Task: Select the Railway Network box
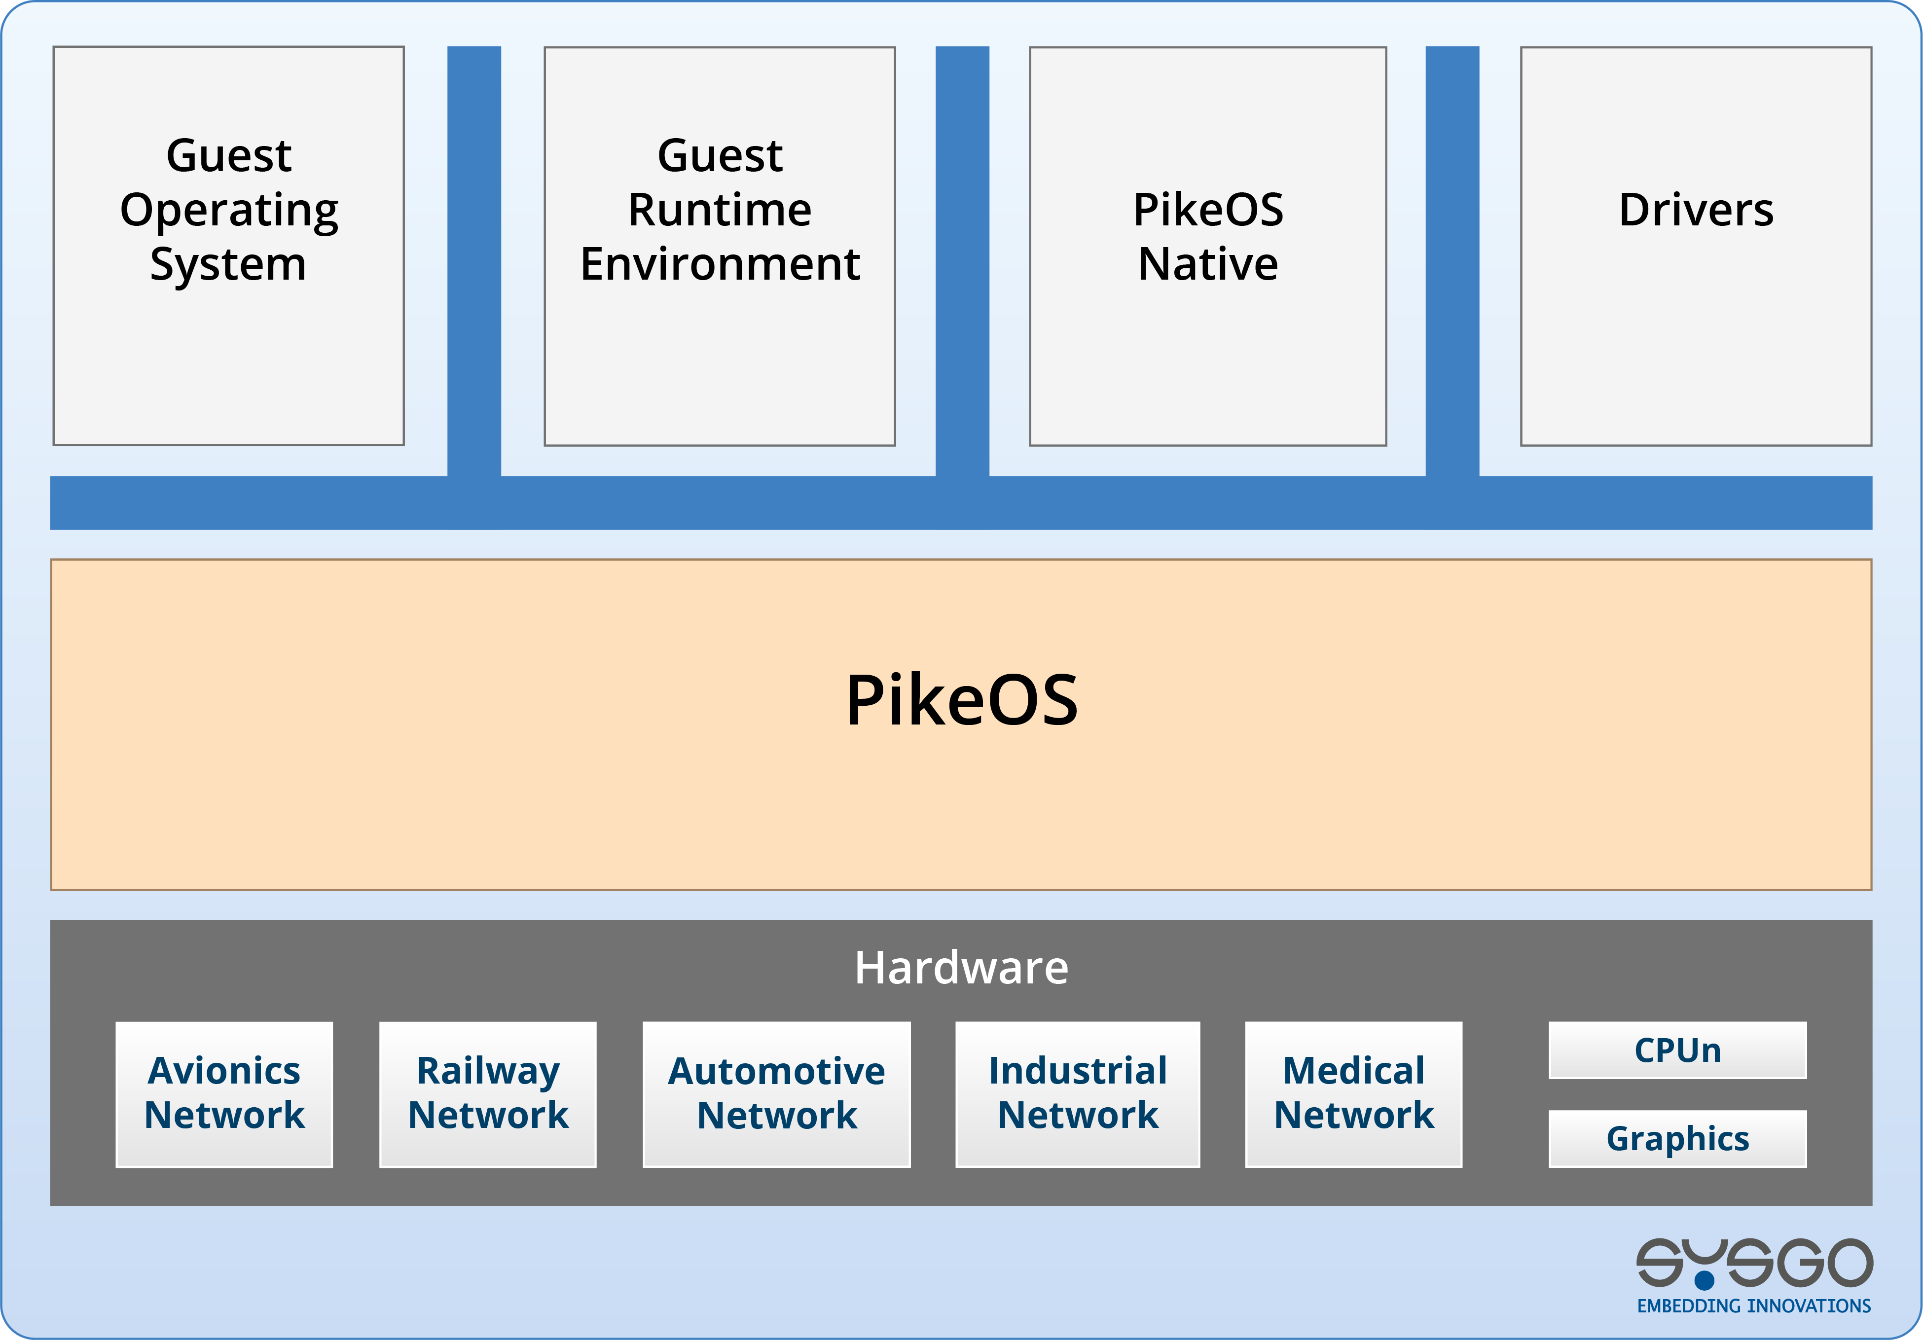click(487, 1094)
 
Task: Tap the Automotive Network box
click(776, 1094)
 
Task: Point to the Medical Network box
click(1353, 1094)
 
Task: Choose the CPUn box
click(1677, 1050)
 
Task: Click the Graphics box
click(1677, 1138)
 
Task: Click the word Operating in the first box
click(229, 210)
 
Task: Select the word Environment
click(720, 265)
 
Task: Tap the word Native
click(1208, 265)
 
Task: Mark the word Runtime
click(720, 210)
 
